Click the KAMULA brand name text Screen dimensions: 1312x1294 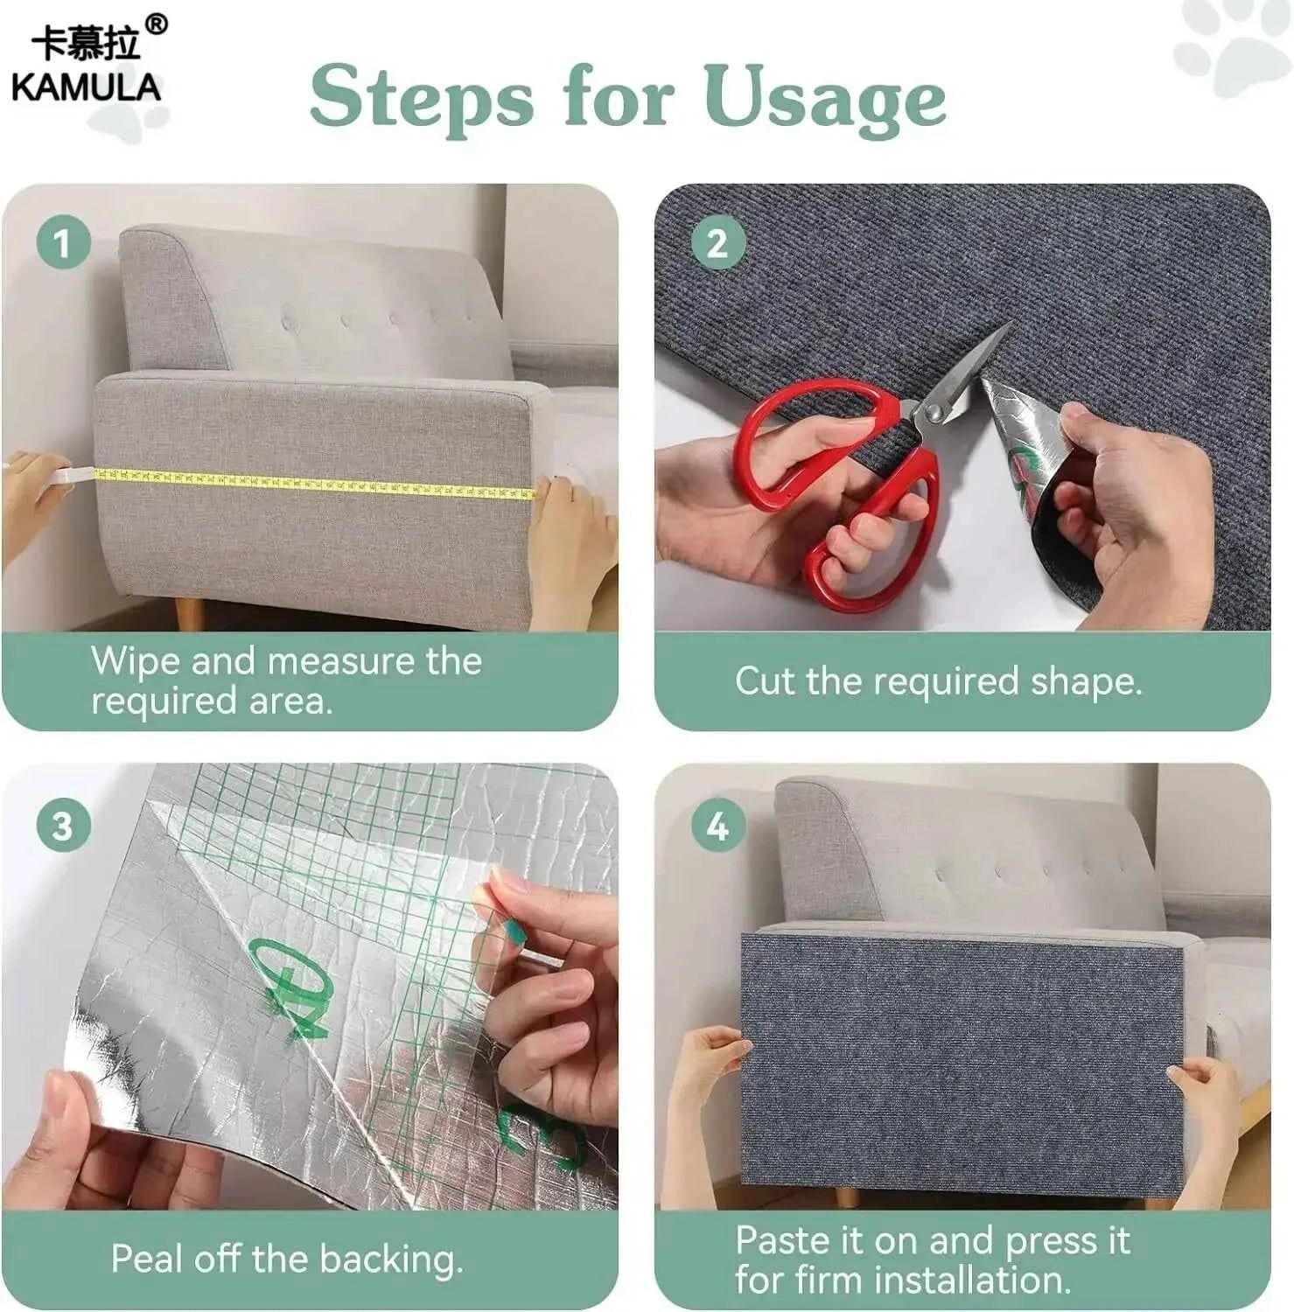pyautogui.click(x=86, y=87)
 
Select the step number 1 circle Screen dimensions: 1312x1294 pyautogui.click(x=63, y=242)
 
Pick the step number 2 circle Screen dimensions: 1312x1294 pyautogui.click(x=717, y=242)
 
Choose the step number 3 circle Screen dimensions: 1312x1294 pyautogui.click(x=63, y=825)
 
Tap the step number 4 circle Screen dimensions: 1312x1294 pyautogui.click(x=717, y=825)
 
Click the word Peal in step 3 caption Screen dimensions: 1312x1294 pyautogui.click(x=146, y=1259)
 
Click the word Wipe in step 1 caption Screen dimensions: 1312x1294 pyautogui.click(x=136, y=660)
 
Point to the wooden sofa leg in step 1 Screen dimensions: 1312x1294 pyautogui.click(x=189, y=613)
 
